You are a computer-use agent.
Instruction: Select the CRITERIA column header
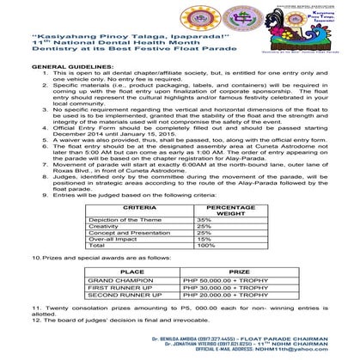pyautogui.click(x=127, y=208)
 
